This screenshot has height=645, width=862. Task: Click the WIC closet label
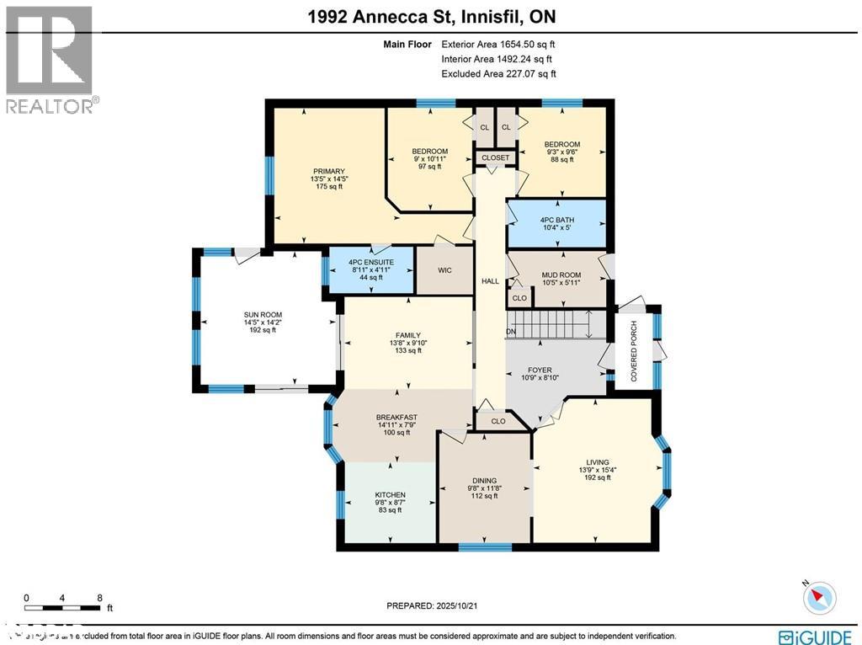446,271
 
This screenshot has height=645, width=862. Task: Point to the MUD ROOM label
560,275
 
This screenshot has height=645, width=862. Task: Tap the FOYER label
540,370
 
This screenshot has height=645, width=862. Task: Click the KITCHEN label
390,494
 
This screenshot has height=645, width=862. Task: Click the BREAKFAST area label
396,418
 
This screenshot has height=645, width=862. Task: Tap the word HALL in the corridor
490,281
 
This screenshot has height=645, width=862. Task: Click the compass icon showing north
817,598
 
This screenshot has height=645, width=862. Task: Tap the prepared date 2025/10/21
463,605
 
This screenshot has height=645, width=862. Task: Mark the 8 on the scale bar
100,598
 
